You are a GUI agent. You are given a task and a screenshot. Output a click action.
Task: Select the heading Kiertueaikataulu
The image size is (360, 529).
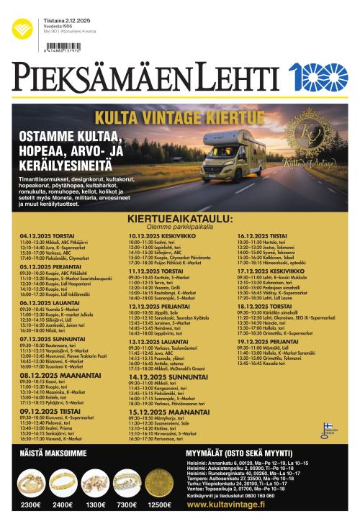click(x=180, y=217)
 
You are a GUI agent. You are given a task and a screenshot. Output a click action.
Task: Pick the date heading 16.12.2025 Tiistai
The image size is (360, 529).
click(x=262, y=235)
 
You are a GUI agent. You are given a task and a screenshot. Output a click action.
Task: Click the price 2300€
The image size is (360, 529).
click(x=31, y=505)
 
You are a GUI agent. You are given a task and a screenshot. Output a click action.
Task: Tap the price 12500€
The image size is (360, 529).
click(x=159, y=505)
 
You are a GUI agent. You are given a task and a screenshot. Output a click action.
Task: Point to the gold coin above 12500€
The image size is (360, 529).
click(x=158, y=481)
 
